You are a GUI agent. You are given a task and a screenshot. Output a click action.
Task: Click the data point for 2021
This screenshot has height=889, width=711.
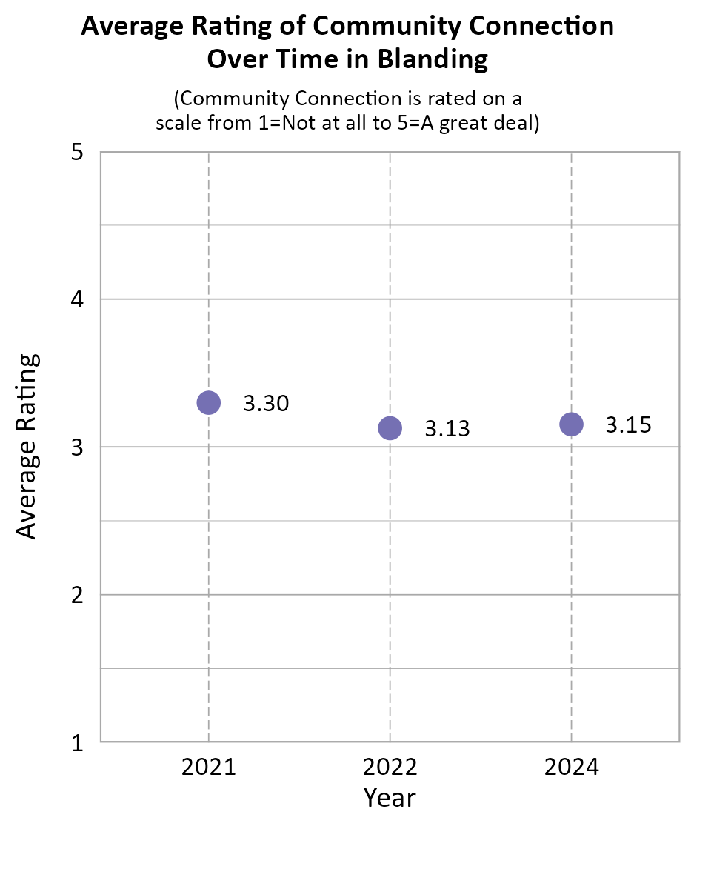tap(209, 403)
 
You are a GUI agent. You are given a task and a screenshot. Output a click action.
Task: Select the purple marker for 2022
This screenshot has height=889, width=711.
tap(390, 427)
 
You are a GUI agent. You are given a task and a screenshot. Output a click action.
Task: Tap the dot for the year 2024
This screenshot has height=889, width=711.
tap(571, 424)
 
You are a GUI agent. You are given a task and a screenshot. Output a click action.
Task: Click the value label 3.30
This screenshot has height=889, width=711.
tap(266, 404)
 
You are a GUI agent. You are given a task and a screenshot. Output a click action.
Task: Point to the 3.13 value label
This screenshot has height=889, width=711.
tap(447, 429)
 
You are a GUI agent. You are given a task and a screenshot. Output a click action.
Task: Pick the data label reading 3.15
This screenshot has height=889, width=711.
tap(629, 425)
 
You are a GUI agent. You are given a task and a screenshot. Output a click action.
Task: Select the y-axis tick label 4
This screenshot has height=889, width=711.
tap(76, 300)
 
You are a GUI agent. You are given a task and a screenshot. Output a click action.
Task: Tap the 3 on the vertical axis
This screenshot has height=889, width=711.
tap(76, 447)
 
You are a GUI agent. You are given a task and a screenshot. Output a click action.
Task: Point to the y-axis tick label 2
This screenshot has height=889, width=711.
tap(76, 595)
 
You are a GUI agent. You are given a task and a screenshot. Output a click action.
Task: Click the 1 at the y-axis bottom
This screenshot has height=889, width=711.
tap(76, 742)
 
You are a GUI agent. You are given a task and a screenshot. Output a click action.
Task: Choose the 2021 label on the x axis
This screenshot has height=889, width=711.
tap(209, 767)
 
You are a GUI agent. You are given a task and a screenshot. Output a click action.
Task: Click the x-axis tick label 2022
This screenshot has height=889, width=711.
tap(390, 767)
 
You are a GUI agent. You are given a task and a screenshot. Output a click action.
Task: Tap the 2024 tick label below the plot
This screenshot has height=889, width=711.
tap(571, 767)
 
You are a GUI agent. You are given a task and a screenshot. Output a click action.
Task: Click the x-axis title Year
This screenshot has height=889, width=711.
tap(390, 798)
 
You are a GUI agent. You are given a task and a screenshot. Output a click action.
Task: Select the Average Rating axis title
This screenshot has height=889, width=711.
tap(27, 447)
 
